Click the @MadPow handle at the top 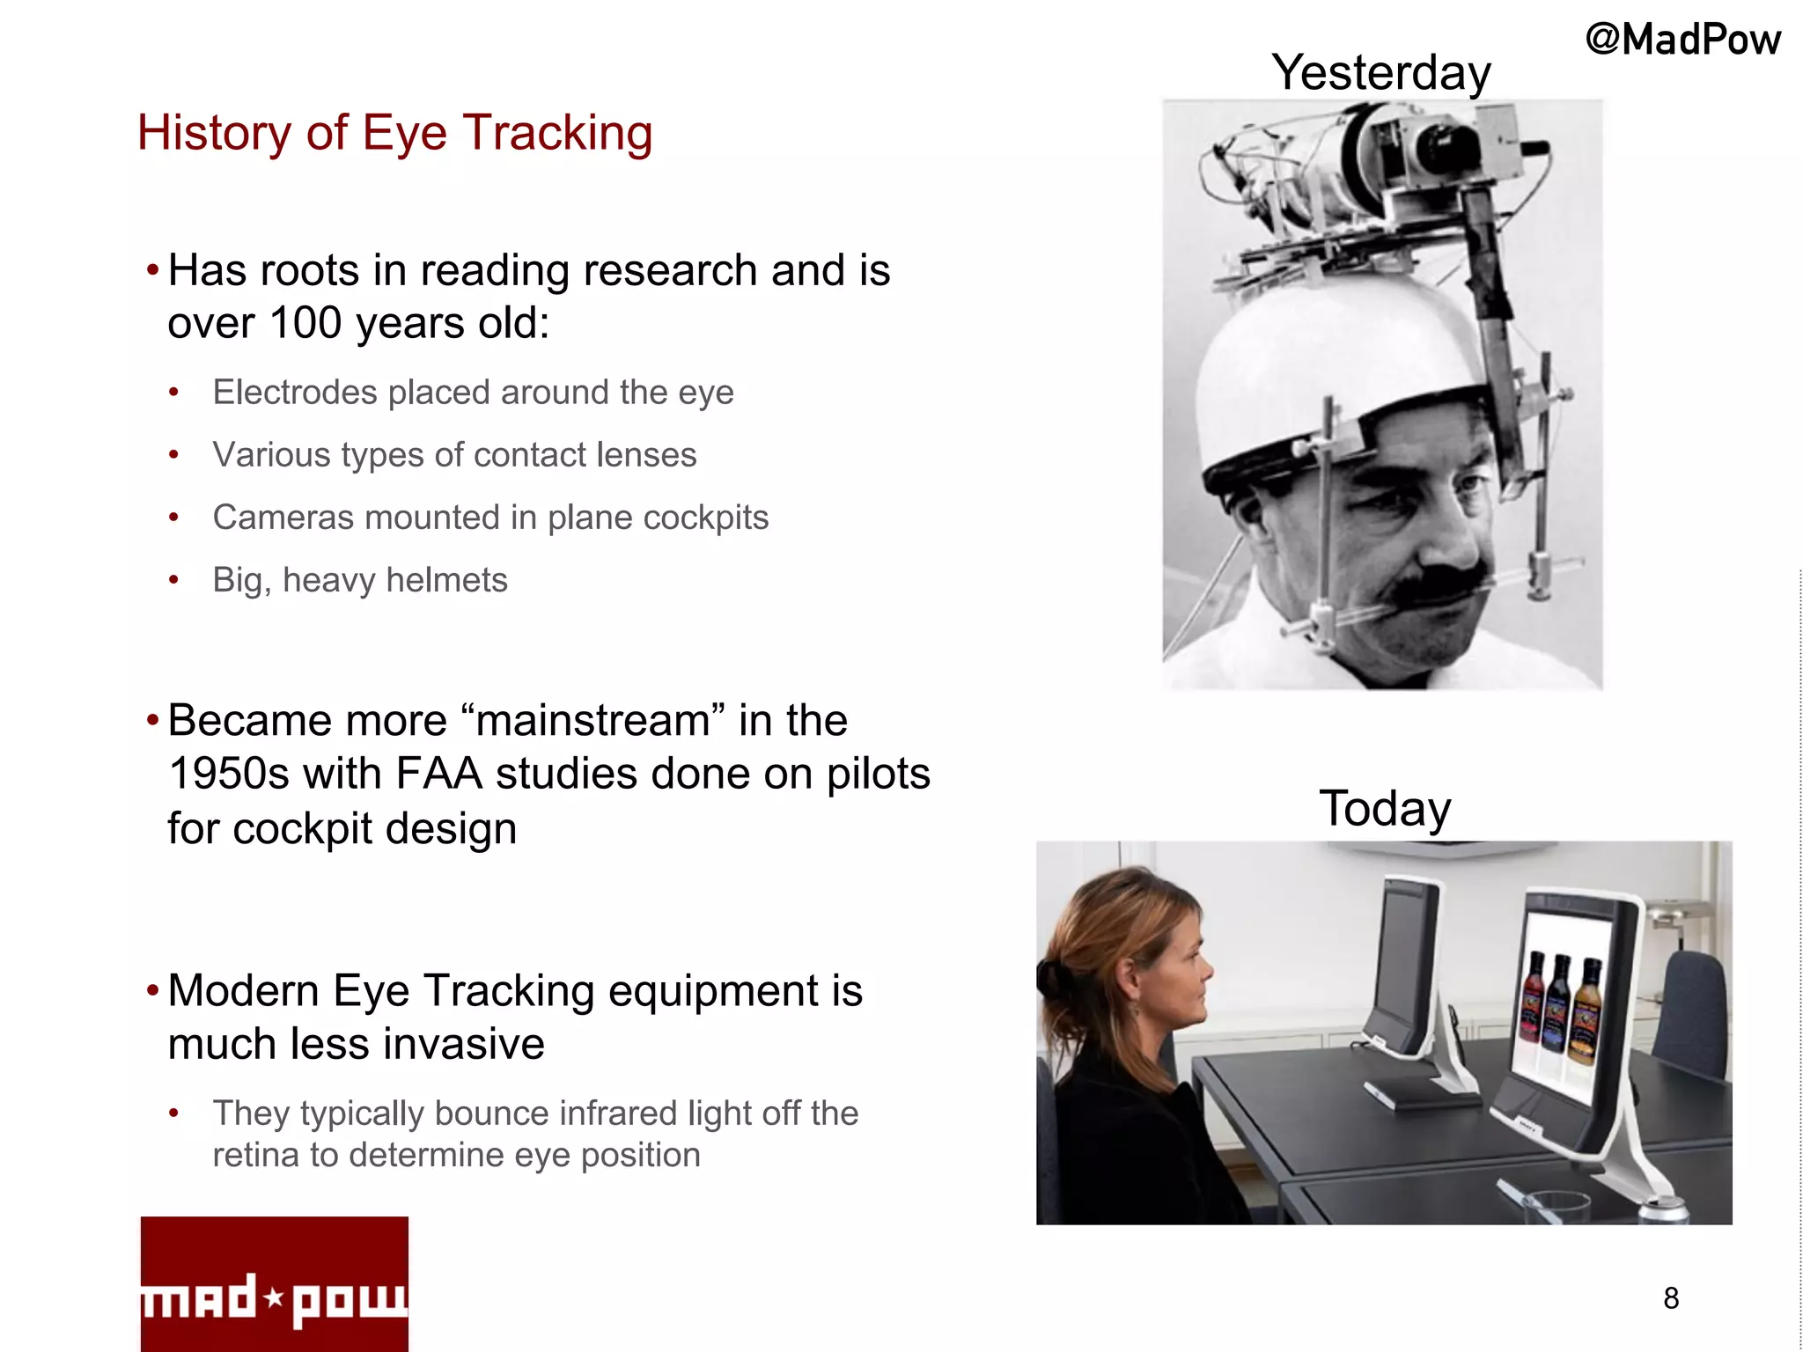click(x=1682, y=40)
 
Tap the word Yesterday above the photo click(x=1380, y=72)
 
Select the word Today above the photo click(x=1384, y=808)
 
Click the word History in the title click(x=214, y=133)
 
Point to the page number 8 click(x=1671, y=1298)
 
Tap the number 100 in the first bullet click(x=305, y=323)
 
